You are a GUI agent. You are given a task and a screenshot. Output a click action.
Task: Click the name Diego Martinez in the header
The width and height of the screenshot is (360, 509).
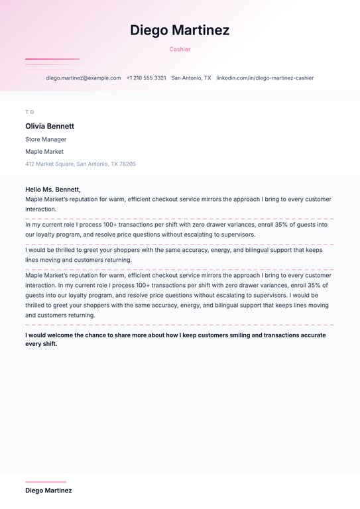180,30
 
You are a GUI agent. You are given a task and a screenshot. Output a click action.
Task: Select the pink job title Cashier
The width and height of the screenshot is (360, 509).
180,49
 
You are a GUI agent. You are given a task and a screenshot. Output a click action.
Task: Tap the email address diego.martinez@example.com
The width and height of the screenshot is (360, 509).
84,78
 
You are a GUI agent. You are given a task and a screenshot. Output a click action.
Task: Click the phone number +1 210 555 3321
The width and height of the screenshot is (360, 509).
146,78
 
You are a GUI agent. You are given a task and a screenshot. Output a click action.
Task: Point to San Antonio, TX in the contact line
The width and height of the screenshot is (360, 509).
191,78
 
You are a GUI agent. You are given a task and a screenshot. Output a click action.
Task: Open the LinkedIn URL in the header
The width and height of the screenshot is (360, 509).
265,78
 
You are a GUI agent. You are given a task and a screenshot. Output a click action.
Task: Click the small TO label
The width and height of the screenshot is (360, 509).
30,112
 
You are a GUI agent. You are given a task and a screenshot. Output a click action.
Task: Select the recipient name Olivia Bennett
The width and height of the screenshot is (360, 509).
50,126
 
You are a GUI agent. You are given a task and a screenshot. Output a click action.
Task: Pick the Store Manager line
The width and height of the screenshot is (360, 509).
46,140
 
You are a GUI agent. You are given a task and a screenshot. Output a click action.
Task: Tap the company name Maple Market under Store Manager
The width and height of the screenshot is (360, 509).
44,152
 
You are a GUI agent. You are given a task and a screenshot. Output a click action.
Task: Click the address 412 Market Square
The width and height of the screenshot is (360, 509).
50,164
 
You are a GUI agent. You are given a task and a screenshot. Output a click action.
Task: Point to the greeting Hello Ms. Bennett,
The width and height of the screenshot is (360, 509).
53,190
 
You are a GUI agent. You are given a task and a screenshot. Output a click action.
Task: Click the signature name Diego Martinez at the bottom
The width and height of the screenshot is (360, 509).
48,490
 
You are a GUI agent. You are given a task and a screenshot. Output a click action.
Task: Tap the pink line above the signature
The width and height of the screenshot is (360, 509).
46,482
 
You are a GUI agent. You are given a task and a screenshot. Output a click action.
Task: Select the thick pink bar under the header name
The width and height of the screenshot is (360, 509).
52,59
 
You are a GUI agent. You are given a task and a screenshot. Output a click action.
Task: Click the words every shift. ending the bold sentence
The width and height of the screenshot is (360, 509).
41,344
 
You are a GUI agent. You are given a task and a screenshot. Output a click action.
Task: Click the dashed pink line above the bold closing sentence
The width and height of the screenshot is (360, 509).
180,325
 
